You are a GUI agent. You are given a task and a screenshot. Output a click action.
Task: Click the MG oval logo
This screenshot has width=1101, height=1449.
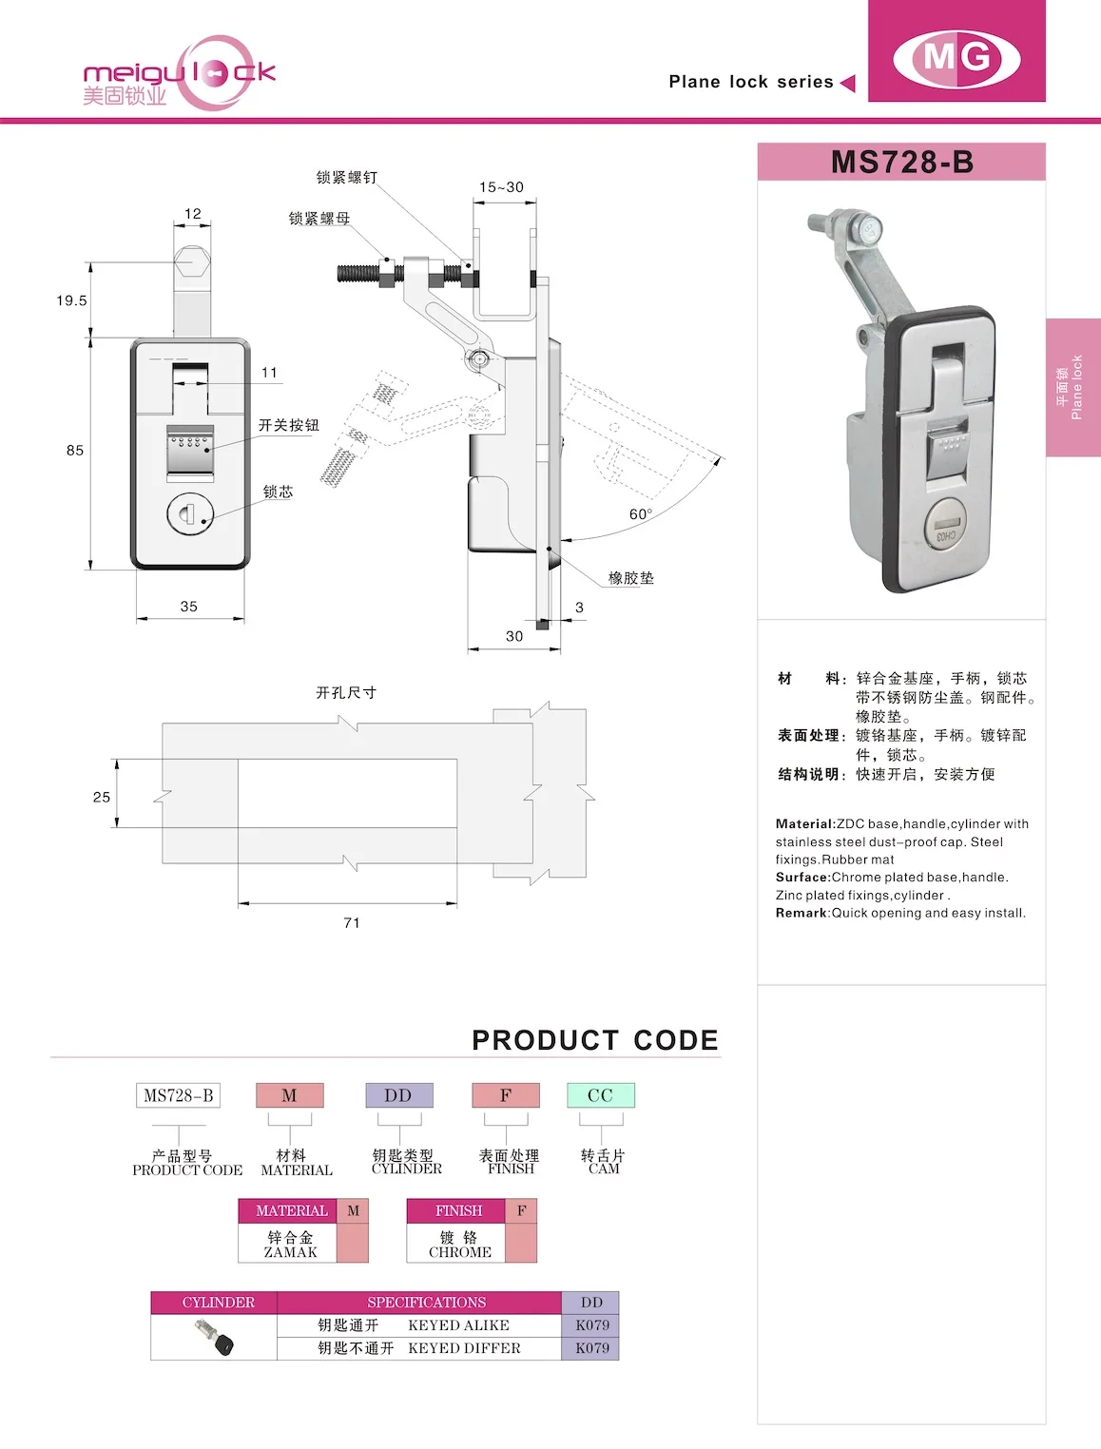pyautogui.click(x=956, y=58)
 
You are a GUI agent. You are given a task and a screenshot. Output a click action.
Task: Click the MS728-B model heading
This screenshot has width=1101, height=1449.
pyautogui.click(x=901, y=162)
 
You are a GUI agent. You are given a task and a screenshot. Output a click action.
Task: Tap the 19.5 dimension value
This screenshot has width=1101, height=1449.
pyautogui.click(x=71, y=300)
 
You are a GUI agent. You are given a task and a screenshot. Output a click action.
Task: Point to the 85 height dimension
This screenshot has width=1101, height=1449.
pyautogui.click(x=75, y=451)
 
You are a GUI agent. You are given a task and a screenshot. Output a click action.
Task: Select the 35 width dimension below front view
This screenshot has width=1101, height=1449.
pyautogui.click(x=189, y=607)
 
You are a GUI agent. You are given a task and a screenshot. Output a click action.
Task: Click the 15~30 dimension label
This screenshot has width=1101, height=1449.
pyautogui.click(x=501, y=187)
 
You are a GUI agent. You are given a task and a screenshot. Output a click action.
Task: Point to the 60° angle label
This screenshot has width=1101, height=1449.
pyautogui.click(x=641, y=514)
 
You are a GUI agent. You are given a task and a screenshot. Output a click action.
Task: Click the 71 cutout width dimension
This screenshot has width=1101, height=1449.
pyautogui.click(x=352, y=923)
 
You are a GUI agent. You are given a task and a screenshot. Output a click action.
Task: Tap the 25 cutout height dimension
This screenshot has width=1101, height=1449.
pyautogui.click(x=102, y=798)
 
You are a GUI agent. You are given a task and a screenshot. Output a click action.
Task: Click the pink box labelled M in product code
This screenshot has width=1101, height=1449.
pyautogui.click(x=290, y=1095)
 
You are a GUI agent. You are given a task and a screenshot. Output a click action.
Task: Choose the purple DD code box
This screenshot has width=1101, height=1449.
pyautogui.click(x=398, y=1095)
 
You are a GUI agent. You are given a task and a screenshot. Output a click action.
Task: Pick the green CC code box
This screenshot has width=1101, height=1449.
pyautogui.click(x=600, y=1095)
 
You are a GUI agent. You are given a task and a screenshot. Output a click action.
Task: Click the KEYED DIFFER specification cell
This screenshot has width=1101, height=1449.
pyautogui.click(x=464, y=1348)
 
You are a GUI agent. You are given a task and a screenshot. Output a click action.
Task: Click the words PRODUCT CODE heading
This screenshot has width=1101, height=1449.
pyautogui.click(x=595, y=1040)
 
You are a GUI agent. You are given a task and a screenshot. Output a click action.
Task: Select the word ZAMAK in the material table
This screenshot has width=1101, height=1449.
pyautogui.click(x=291, y=1252)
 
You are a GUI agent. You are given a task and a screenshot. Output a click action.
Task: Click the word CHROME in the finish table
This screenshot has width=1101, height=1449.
pyautogui.click(x=460, y=1252)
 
